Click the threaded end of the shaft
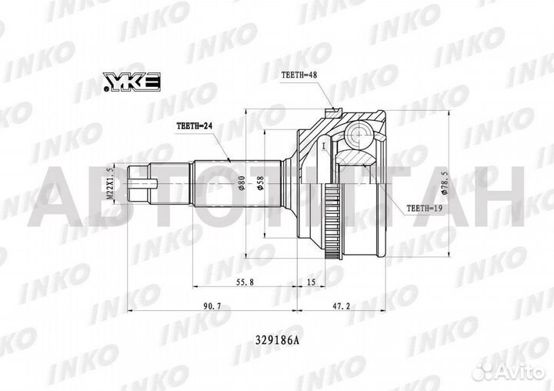click(x=137, y=185)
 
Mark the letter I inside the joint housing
click(x=325, y=145)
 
